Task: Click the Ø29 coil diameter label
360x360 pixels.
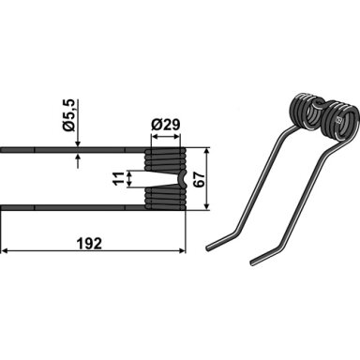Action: click(x=166, y=126)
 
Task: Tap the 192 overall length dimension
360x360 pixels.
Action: click(x=90, y=244)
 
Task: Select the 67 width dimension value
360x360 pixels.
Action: click(x=200, y=179)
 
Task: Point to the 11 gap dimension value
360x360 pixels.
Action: click(x=119, y=179)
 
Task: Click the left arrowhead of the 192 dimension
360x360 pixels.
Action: click(x=5, y=250)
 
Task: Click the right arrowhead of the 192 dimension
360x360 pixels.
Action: click(x=182, y=250)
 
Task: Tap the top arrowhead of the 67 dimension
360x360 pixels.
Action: click(x=206, y=152)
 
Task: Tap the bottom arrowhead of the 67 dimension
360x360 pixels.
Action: click(x=206, y=206)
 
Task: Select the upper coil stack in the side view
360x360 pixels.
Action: click(x=166, y=159)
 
